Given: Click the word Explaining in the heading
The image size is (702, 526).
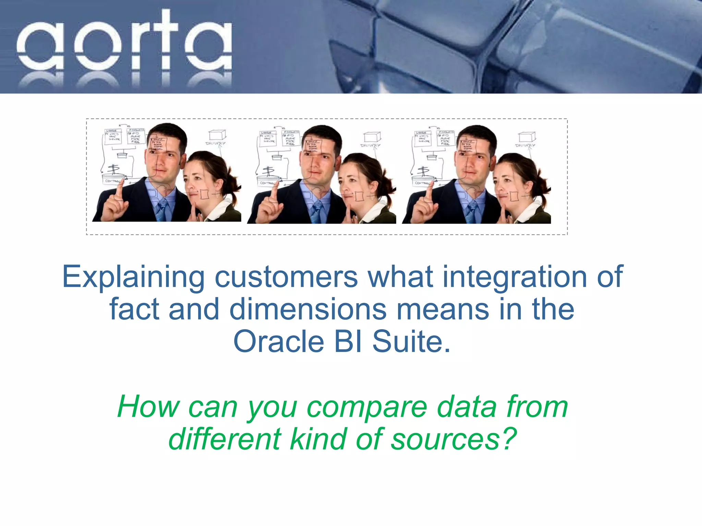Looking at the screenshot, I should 133,277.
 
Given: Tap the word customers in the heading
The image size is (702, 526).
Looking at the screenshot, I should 286,277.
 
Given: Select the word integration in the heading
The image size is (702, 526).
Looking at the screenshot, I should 515,277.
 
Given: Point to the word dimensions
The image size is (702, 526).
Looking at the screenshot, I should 308,309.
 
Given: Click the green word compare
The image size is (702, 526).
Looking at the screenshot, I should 367,407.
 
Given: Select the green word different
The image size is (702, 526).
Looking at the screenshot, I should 225,439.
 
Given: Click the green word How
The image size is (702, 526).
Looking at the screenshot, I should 148,407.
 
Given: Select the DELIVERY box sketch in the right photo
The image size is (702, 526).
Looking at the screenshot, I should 526,138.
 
